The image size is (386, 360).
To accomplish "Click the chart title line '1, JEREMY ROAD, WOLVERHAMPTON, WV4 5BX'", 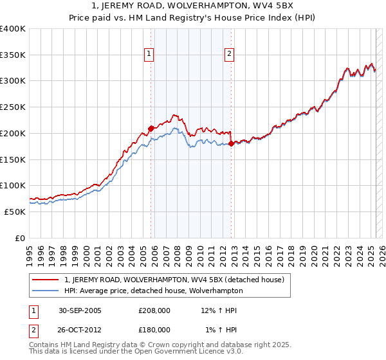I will tap(192, 6).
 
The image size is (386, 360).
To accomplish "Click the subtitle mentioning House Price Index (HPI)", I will tap(192, 18).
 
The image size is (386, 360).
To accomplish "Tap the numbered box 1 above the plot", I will tap(149, 55).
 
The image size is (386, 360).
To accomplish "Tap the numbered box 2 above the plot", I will tap(229, 55).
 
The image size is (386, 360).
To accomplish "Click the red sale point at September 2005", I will tap(151, 129).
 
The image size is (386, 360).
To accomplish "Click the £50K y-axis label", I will tap(15, 212).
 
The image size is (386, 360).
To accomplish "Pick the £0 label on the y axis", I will tap(21, 238).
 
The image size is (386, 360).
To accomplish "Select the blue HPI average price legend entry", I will tap(153, 291).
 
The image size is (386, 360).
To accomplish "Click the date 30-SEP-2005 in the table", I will tap(80, 310).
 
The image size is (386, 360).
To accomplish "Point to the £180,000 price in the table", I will tap(154, 329).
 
